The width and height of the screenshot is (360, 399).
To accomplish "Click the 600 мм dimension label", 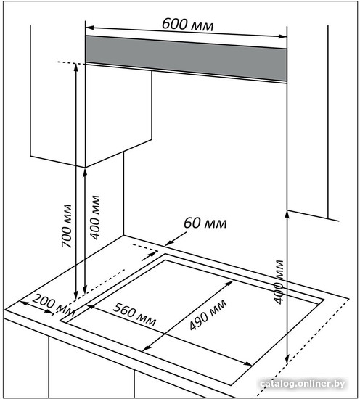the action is (188, 25).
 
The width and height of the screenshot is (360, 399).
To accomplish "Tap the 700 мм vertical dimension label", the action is (67, 226).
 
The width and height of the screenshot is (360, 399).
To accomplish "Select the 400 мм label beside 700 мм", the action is (95, 218).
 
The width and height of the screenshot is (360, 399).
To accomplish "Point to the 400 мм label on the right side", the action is (279, 282).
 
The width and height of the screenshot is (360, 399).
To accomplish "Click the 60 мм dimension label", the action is (205, 223).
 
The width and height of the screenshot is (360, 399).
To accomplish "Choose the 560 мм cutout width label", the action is (134, 315).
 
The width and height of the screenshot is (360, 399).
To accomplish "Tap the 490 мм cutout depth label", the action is (208, 315).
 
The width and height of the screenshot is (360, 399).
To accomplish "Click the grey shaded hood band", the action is (186, 59).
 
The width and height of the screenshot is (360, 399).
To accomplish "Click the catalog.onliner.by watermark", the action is (303, 384).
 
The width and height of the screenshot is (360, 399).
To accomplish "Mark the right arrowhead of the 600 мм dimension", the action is (282, 36).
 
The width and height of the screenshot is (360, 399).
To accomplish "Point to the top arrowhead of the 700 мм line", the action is (76, 68).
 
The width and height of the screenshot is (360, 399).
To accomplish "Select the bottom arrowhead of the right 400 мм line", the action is (287, 360).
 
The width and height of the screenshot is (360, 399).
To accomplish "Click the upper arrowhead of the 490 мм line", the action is (229, 283).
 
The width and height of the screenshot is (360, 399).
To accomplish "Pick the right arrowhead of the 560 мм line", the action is (247, 363).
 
